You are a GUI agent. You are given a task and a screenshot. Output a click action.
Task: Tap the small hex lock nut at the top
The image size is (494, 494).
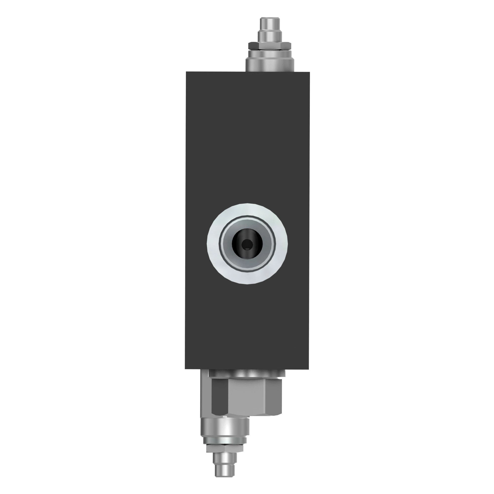coord(270,46)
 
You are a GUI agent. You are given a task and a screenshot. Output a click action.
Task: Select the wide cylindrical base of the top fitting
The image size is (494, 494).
coord(270,65)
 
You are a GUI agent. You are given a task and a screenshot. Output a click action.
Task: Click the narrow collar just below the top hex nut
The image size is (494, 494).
coord(270,54)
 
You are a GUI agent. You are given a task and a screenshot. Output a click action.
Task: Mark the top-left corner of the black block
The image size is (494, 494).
coord(186,72)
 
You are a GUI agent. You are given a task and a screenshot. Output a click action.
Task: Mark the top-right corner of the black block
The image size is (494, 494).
coord(309,72)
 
